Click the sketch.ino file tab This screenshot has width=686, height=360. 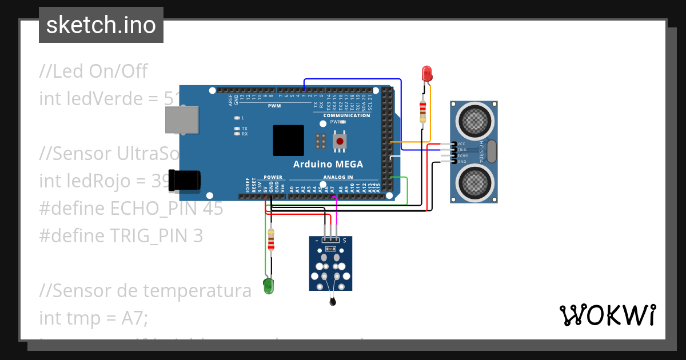(101, 25)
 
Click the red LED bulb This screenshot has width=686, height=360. (426, 74)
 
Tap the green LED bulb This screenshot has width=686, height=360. (268, 286)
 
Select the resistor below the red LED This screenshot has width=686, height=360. (422, 111)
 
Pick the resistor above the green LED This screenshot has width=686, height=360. (271, 240)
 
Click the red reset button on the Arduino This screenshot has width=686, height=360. (340, 141)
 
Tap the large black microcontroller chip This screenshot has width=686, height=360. (288, 140)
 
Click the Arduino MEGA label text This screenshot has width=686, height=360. (328, 165)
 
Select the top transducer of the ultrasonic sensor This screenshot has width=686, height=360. (474, 119)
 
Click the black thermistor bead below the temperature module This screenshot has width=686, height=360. (333, 302)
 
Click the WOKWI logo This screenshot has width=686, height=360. (607, 315)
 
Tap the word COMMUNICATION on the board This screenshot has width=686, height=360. (347, 115)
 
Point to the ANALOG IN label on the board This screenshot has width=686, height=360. (338, 177)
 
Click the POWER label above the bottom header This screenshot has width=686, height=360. (273, 177)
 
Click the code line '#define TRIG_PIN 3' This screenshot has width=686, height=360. (121, 235)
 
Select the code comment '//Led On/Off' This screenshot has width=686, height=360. (93, 71)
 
